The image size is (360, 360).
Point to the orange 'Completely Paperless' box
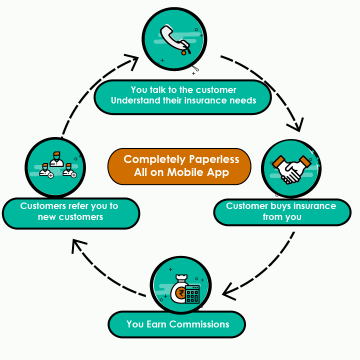click(x=179, y=166)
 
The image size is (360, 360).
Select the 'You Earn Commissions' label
click(x=177, y=324)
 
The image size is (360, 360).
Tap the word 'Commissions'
click(x=199, y=324)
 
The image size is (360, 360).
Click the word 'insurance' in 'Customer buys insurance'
click(x=314, y=206)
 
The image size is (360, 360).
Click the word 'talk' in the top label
click(x=158, y=90)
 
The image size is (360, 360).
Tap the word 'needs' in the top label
click(x=242, y=100)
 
